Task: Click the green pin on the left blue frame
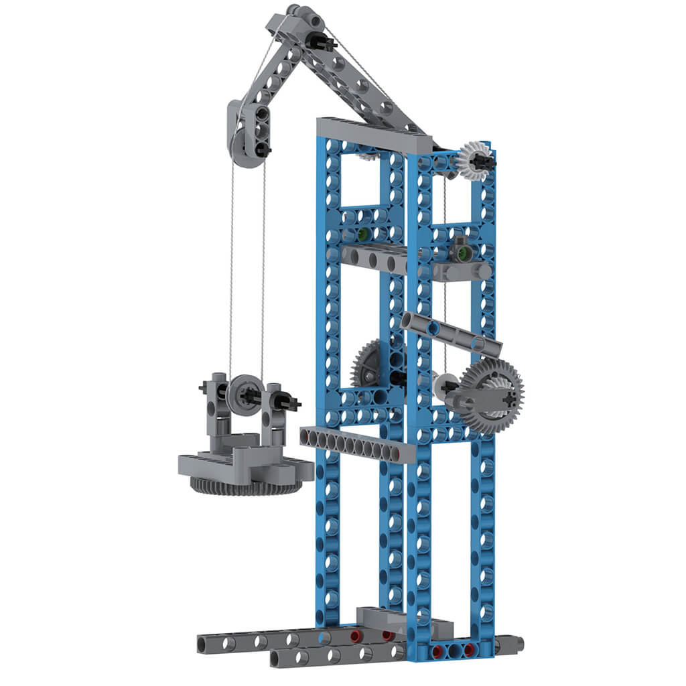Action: coord(362,234)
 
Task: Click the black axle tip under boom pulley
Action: coord(265,152)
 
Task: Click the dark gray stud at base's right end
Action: coord(517,645)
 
